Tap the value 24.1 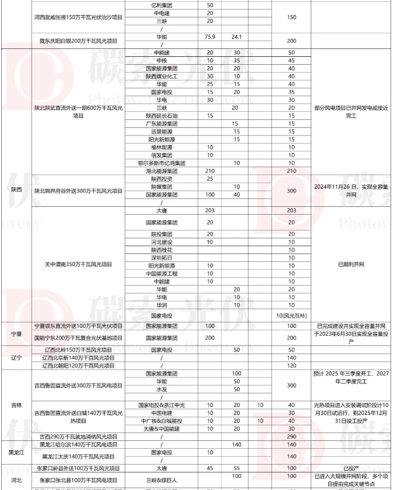(237, 37)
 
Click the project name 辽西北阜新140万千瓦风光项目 (79, 358)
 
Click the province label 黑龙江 (16, 452)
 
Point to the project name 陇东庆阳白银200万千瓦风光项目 (79, 41)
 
